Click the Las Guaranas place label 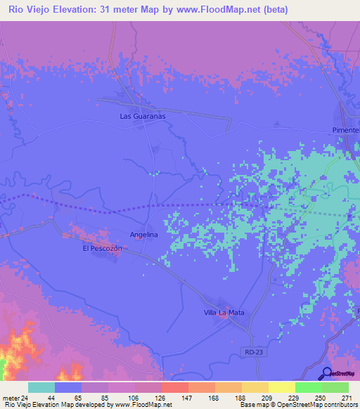tap(142, 116)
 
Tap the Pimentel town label tap(345, 131)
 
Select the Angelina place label tap(143, 235)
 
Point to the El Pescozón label tap(103, 249)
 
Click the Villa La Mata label tap(224, 312)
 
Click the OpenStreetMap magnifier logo tap(327, 373)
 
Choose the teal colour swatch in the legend tap(41, 387)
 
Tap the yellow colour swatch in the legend tap(282, 387)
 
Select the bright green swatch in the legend tap(309, 387)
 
